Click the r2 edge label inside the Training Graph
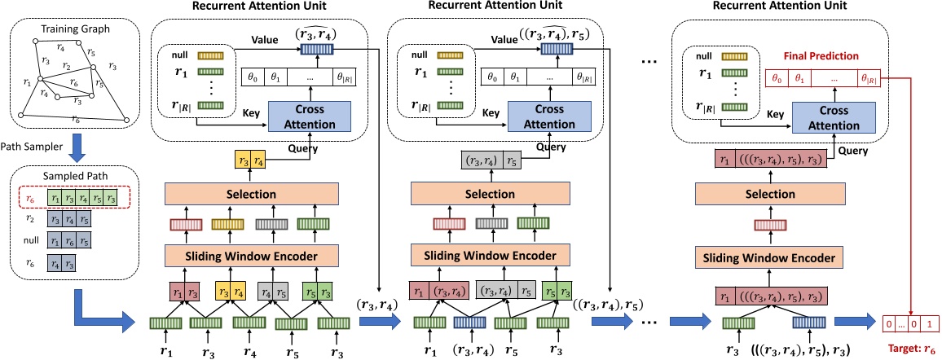67,65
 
